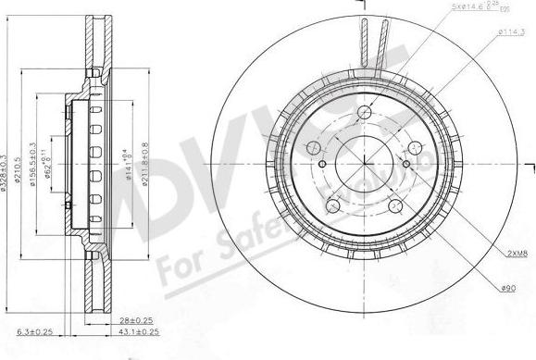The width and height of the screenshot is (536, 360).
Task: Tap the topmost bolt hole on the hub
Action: (x=358, y=107)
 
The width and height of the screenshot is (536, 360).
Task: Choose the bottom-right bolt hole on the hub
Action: (x=395, y=205)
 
